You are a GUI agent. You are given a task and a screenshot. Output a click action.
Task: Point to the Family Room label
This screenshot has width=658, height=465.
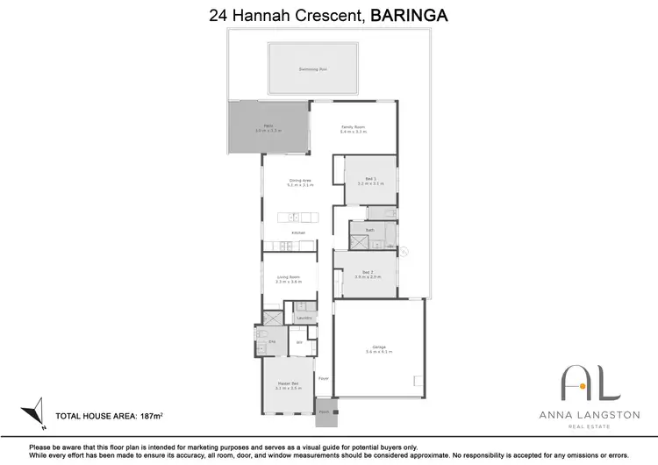353,127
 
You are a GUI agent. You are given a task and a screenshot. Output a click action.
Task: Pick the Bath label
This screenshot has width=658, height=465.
370,230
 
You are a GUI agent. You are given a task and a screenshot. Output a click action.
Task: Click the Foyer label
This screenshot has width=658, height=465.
323,378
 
